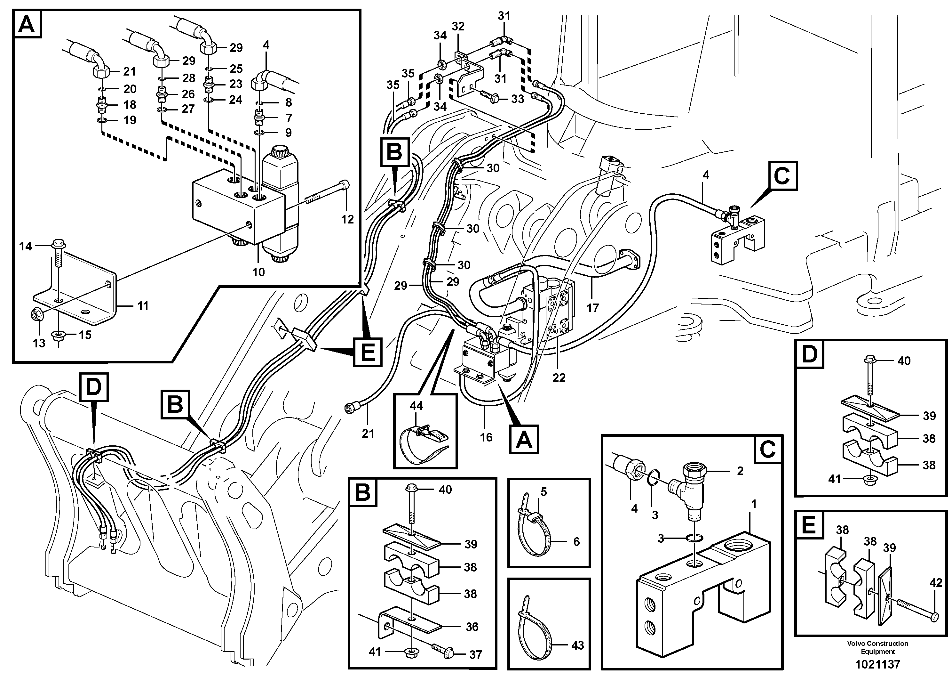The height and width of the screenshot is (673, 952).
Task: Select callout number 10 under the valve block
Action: click(x=258, y=272)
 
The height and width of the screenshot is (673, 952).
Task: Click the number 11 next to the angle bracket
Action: click(x=143, y=306)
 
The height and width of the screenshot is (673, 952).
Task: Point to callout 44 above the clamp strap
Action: click(x=416, y=406)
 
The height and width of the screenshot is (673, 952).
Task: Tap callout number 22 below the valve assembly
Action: click(x=559, y=377)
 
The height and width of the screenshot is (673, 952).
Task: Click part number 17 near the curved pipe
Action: click(x=592, y=308)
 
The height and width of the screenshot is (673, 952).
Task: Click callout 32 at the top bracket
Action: click(x=458, y=27)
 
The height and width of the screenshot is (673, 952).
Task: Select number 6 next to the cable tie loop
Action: click(x=576, y=541)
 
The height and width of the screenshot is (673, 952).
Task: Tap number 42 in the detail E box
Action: click(x=936, y=583)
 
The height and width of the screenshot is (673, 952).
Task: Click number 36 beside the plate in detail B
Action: click(x=472, y=627)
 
